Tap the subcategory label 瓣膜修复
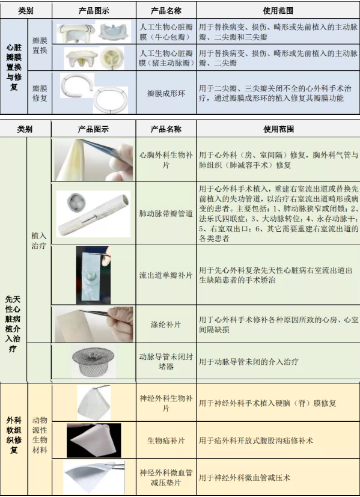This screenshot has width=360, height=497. pyautogui.click(x=40, y=93)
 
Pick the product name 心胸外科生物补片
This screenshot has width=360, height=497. pyautogui.click(x=165, y=160)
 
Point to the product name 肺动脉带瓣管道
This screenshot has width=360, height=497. pyautogui.click(x=165, y=213)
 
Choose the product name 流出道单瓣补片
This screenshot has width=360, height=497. pyautogui.click(x=165, y=275)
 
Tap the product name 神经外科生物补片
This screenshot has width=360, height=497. pyautogui.click(x=165, y=403)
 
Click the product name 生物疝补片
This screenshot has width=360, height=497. pyautogui.click(x=165, y=441)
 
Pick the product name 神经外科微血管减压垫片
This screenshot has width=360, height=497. pyautogui.click(x=165, y=477)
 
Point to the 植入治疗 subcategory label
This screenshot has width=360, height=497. pyautogui.click(x=39, y=241)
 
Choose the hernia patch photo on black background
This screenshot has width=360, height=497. pyautogui.click(x=93, y=441)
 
